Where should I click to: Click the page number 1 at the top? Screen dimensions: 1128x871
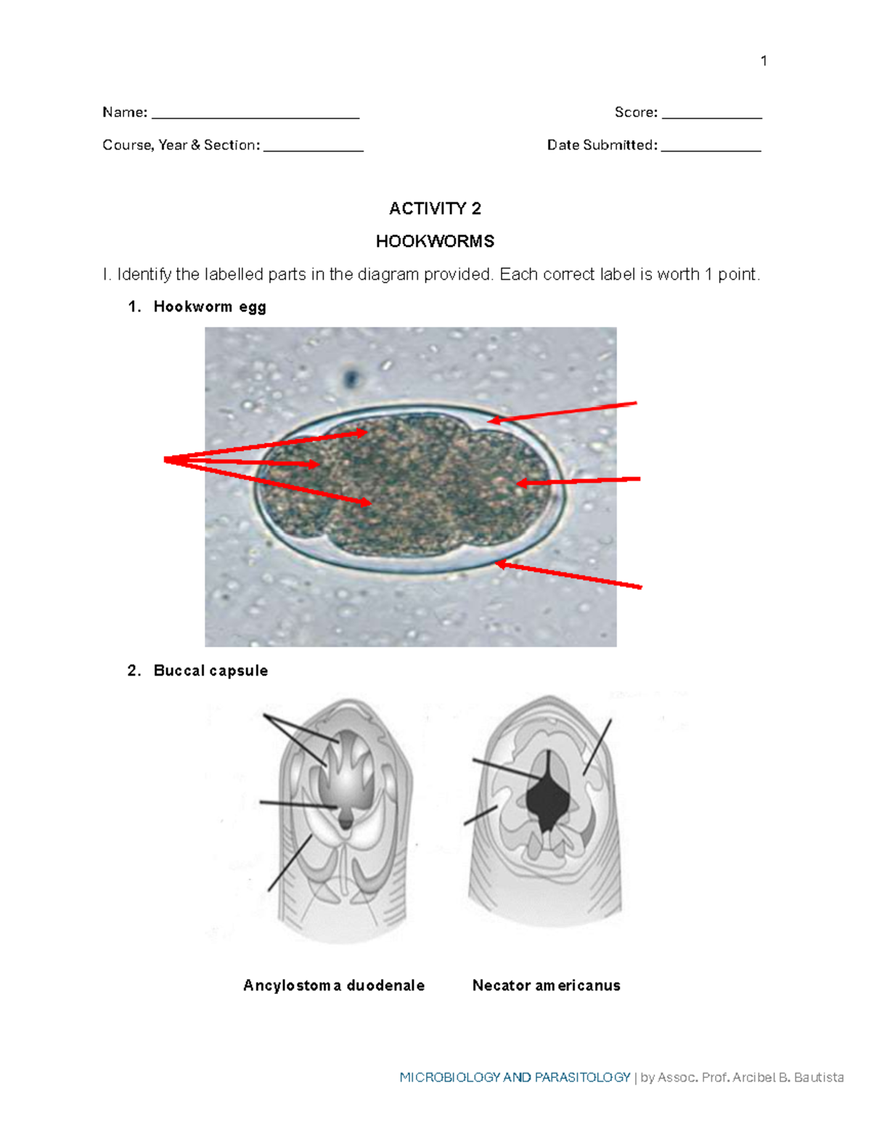[x=764, y=61]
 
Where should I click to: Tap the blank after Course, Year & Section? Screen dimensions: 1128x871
[x=313, y=148]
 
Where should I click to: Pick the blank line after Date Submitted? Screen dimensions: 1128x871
[x=711, y=148]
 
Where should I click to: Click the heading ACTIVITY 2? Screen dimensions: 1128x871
[x=435, y=209]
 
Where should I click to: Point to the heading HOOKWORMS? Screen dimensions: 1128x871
[x=435, y=241]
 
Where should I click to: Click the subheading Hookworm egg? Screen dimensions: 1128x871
[x=210, y=307]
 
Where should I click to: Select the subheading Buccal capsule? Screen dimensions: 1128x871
[x=210, y=671]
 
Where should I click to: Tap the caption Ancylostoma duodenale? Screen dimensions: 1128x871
[x=334, y=986]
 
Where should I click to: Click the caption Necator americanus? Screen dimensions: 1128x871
[x=546, y=986]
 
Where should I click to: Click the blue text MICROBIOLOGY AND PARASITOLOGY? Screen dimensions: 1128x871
[x=515, y=1077]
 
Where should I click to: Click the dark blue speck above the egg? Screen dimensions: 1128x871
[x=352, y=378]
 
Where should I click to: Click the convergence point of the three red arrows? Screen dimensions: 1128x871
[x=167, y=459]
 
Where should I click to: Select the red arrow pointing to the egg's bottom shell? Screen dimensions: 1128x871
[x=570, y=575]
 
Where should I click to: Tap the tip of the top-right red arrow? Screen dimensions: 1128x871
[x=491, y=420]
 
